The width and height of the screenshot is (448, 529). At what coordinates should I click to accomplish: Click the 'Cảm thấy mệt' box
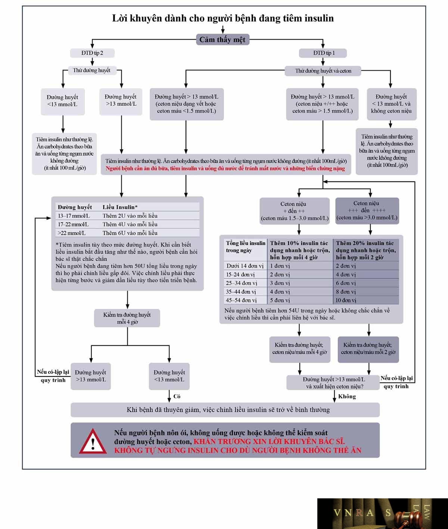223,40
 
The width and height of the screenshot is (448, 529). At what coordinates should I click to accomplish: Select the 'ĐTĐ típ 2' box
92,53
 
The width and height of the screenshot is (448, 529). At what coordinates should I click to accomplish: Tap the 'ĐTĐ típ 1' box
323,53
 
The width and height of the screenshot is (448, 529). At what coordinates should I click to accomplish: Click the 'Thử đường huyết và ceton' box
323,71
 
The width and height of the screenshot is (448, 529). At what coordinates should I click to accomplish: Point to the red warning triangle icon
93,442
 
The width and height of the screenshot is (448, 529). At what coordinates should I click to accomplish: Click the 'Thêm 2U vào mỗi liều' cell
130,216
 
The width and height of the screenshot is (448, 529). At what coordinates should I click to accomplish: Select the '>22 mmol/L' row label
72,233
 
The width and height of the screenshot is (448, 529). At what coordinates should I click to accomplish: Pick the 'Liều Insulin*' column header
120,207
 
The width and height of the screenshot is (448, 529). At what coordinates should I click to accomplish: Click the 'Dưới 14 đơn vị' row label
245,266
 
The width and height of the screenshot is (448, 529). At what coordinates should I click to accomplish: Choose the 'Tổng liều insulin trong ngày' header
245,247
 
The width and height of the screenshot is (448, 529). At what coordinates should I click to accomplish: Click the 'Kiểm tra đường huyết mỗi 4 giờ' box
127,318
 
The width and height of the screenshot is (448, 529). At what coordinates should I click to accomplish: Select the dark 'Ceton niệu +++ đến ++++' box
367,210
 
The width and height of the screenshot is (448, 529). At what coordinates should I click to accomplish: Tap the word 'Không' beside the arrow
347,396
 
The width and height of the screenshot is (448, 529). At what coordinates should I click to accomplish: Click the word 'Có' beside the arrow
177,396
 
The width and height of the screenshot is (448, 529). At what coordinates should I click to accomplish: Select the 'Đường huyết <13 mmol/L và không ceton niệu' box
392,104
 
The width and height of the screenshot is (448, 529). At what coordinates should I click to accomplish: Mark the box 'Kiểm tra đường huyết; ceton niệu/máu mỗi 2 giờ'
368,349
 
